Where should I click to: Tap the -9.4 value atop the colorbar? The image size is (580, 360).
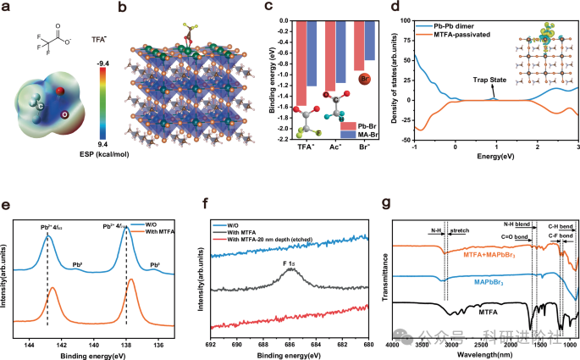tap(102, 63)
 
